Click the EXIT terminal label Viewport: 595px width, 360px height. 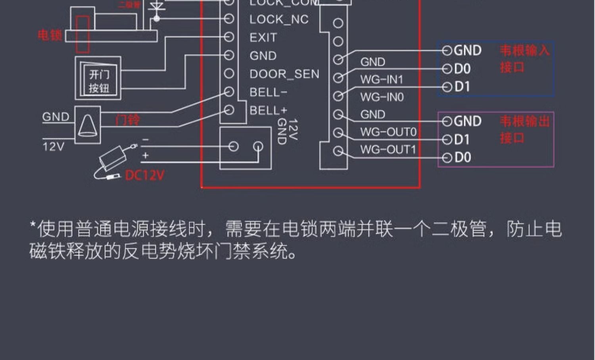[263, 38]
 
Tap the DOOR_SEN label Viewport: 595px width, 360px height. [284, 74]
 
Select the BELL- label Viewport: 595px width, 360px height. [268, 92]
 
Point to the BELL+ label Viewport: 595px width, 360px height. [268, 110]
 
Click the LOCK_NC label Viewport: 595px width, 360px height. [279, 19]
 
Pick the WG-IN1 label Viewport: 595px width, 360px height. [382, 80]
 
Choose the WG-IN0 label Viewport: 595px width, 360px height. [382, 97]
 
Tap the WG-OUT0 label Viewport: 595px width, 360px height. [388, 132]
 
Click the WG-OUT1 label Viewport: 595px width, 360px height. [388, 150]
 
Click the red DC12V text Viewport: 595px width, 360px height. [144, 175]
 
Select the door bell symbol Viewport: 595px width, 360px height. [88, 125]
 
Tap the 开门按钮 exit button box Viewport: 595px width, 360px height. [98, 79]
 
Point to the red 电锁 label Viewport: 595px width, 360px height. [50, 36]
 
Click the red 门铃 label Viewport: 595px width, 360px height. [127, 120]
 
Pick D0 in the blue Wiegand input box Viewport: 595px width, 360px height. [462, 69]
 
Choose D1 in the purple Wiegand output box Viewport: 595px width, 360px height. [462, 140]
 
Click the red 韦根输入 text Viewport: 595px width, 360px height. [524, 51]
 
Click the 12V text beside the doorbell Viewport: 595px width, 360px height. [53, 147]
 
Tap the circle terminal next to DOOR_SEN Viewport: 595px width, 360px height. [229, 73]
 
